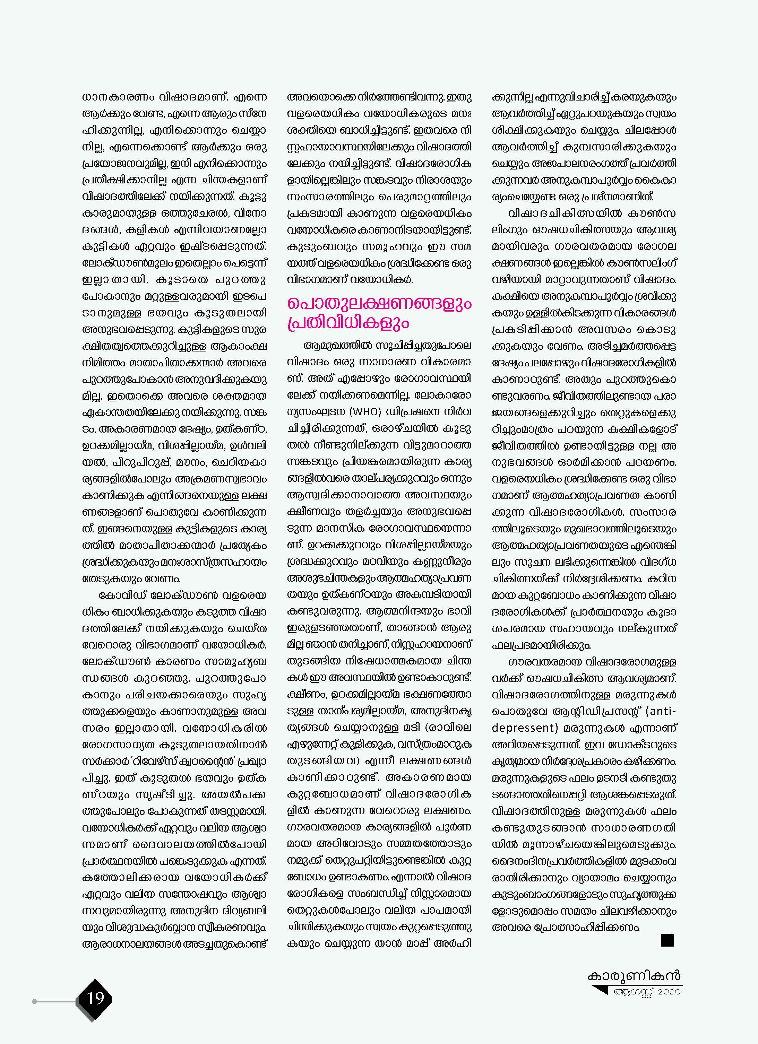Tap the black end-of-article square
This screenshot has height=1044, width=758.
tap(667, 940)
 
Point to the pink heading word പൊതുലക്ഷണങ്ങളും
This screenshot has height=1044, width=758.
tap(379, 304)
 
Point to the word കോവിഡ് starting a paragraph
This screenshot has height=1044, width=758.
tap(122, 595)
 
